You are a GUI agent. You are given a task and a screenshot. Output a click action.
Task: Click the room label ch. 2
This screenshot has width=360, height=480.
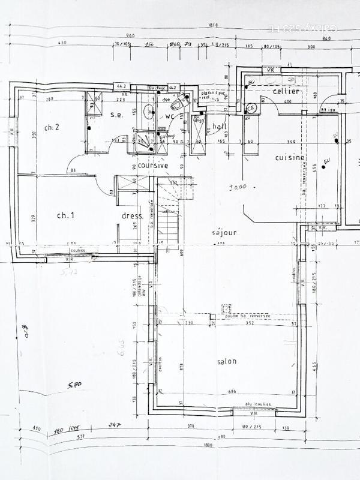click(x=52, y=127)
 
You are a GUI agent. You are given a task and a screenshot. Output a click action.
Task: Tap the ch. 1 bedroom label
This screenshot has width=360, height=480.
click(x=65, y=215)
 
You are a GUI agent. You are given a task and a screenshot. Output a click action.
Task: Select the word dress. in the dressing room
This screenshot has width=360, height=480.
click(x=132, y=215)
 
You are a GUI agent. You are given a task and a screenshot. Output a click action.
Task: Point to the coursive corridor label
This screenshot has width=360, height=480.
click(x=153, y=165)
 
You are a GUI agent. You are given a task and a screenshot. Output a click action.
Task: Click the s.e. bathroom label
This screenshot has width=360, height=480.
click(x=116, y=115)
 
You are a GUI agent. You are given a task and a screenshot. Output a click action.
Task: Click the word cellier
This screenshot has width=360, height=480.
click(x=286, y=91)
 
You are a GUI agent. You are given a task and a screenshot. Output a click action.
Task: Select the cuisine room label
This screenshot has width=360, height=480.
click(x=289, y=157)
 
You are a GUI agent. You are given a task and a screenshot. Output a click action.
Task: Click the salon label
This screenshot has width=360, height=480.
click(x=226, y=361)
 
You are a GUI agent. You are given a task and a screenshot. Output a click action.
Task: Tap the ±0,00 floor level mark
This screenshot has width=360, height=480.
click(x=238, y=187)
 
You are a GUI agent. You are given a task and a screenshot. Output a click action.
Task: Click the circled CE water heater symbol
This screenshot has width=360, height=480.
click(x=251, y=107)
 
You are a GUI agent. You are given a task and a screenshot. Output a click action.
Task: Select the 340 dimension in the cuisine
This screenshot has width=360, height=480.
click(x=275, y=142)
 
